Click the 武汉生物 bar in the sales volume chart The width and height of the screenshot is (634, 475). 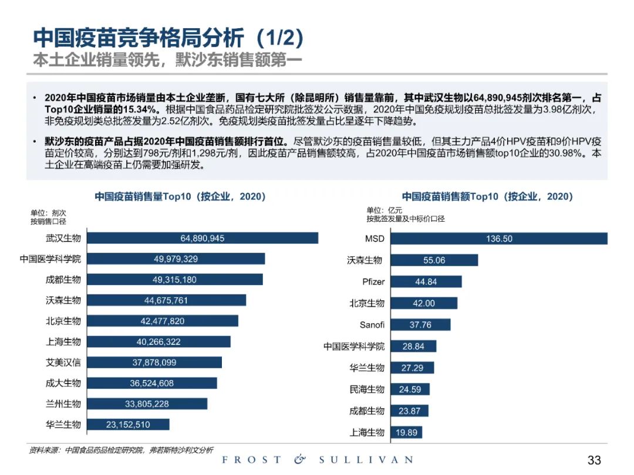(203, 238)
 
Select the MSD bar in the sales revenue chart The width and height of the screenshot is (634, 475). (499, 239)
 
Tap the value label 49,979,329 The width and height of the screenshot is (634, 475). (176, 259)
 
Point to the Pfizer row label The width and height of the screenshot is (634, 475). (373, 281)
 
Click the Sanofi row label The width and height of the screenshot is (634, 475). (372, 324)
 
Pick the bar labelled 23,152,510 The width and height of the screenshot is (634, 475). (128, 425)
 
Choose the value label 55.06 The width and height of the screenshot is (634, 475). (434, 260)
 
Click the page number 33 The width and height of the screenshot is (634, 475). (594, 460)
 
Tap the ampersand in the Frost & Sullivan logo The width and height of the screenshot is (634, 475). (299, 460)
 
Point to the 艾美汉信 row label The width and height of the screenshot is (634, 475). (63, 362)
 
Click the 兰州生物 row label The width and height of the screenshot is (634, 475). (63, 403)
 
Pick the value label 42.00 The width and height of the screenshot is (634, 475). (424, 303)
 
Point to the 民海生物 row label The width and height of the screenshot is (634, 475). (367, 389)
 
